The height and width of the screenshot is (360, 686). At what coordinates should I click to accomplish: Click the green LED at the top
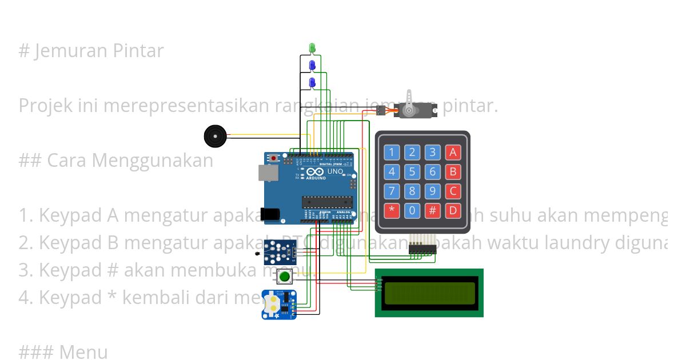point(312,47)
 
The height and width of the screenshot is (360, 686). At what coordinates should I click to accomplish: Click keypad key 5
point(412,171)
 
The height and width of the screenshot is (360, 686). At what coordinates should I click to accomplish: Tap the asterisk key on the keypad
point(391,210)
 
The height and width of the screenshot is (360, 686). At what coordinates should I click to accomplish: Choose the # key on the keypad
point(433,210)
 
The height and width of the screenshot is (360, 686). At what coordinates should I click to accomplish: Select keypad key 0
point(412,210)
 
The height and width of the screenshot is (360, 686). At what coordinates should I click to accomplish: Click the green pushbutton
point(284,277)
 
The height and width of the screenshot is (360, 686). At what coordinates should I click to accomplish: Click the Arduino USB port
point(266,173)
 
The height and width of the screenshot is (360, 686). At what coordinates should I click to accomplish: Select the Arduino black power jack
point(270,214)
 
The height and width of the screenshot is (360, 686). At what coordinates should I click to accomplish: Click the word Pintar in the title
point(138,51)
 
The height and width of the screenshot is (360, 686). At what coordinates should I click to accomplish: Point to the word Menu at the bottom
point(83,352)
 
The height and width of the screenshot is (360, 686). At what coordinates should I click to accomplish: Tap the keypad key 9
point(433,191)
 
